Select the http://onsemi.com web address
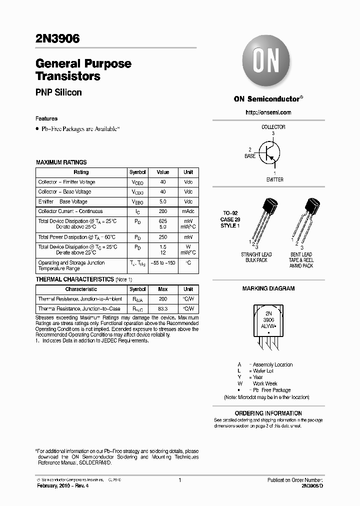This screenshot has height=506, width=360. [268, 112]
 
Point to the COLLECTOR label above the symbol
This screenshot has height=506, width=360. [273, 127]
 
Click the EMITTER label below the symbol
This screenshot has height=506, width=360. [274, 179]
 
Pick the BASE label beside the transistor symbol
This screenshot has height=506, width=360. [250, 156]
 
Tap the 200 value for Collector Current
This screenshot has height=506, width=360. [163, 211]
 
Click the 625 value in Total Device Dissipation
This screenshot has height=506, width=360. [163, 220]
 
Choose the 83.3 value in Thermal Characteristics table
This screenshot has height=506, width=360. [163, 309]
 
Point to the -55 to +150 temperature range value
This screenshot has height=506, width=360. [163, 262]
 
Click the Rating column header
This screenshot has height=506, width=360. [81, 172]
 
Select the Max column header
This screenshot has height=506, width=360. [163, 289]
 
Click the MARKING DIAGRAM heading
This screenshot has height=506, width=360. [268, 288]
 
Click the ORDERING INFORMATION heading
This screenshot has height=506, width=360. [268, 413]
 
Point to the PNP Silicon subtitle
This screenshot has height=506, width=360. [58, 92]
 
